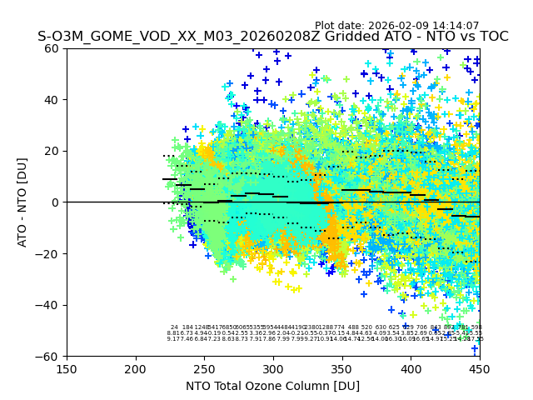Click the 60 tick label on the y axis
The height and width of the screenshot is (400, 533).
(x=52, y=48)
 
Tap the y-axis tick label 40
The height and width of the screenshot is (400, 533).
(x=52, y=100)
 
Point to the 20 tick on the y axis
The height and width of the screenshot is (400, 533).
(x=52, y=151)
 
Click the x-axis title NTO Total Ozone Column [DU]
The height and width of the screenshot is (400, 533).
(x=273, y=386)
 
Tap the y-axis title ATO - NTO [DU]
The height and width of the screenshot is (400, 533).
(x=23, y=202)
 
